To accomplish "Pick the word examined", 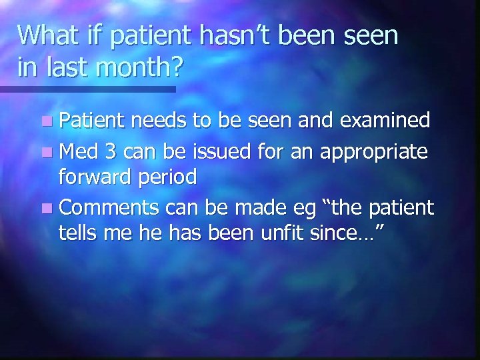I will (388, 121).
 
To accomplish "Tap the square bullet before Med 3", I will (44, 151).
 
